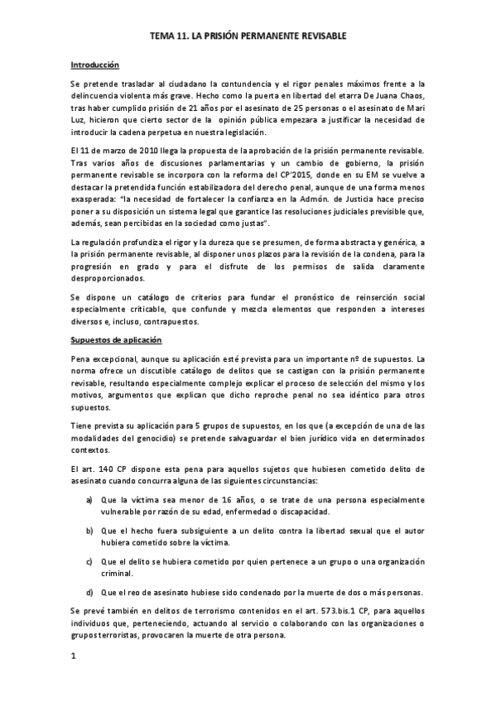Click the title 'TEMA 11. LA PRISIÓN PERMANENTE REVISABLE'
(x=248, y=37)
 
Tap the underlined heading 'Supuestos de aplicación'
(x=115, y=340)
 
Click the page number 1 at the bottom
(x=74, y=656)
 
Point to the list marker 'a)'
(x=89, y=499)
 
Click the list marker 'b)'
(x=89, y=530)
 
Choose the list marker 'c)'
(x=89, y=560)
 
